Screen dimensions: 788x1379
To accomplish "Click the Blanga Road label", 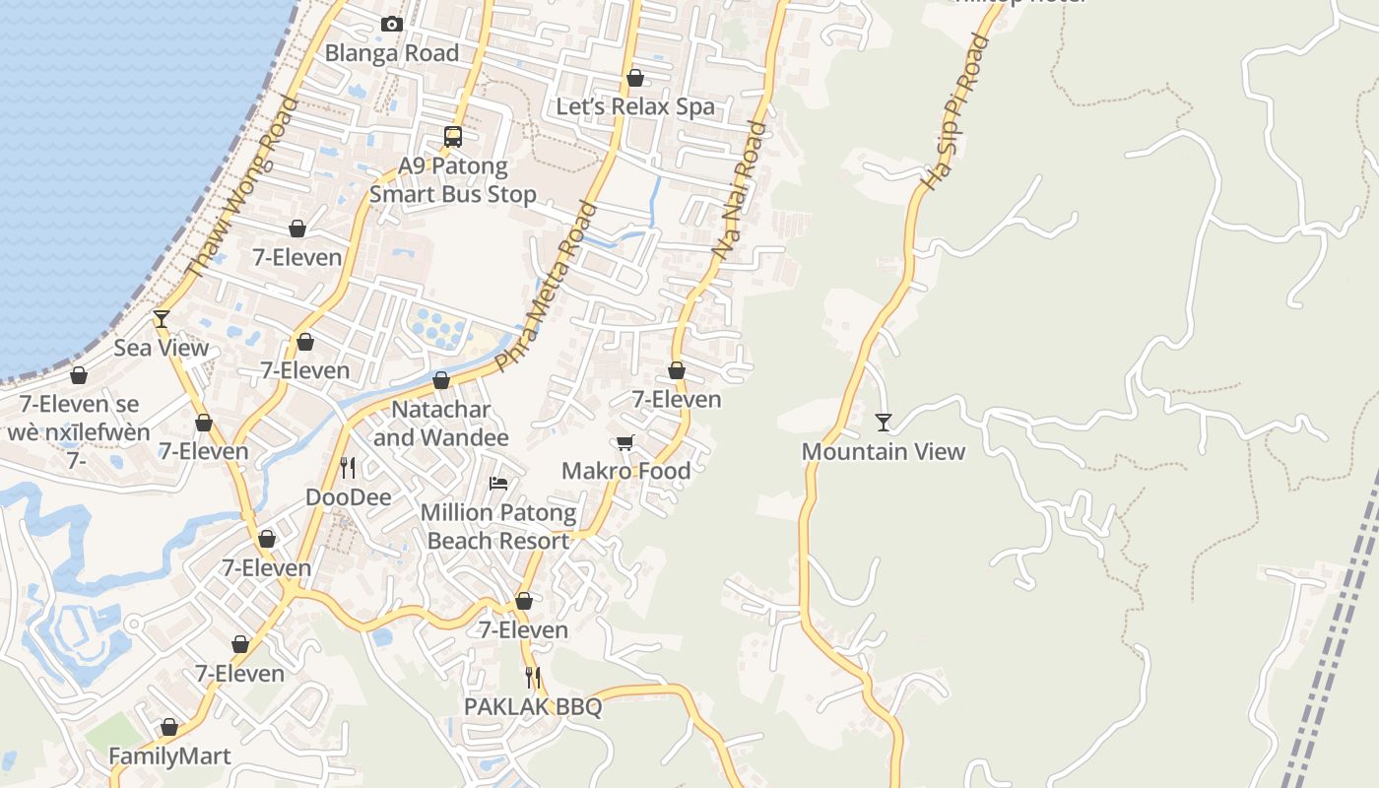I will [x=392, y=53].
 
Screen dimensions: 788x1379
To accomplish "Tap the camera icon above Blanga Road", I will [x=392, y=24].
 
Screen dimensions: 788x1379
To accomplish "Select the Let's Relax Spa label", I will [x=635, y=106].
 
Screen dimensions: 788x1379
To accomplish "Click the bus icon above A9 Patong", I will [x=453, y=137].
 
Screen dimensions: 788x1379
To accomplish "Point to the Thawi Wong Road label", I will [x=241, y=186].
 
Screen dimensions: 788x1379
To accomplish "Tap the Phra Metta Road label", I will [x=547, y=287].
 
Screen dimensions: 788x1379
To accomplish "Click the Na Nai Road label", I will [x=739, y=191].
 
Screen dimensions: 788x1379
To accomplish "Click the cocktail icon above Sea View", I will [x=162, y=318].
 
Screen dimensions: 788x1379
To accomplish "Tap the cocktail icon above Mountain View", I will [x=884, y=423].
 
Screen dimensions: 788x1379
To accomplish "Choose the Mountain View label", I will [x=884, y=451].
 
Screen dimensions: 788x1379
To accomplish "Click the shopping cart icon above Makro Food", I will [x=624, y=442].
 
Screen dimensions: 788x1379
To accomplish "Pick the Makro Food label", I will [x=625, y=471].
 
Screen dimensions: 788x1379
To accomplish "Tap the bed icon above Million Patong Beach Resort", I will [x=498, y=483].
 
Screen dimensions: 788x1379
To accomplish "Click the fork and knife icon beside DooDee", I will [x=347, y=467].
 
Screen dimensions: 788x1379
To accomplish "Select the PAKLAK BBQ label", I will [x=533, y=707].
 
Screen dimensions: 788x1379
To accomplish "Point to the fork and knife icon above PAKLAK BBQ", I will [x=533, y=678].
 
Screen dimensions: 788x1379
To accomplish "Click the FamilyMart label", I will [x=169, y=756].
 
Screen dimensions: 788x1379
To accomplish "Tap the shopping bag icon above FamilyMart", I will [x=169, y=727].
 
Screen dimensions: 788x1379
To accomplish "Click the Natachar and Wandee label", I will [x=441, y=423].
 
